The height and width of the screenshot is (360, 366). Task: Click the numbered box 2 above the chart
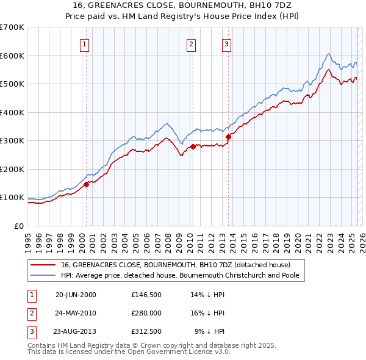(x=192, y=43)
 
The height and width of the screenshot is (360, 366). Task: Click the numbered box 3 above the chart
(x=226, y=43)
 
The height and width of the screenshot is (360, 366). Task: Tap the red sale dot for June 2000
(x=87, y=184)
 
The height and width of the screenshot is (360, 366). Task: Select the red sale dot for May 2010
(x=193, y=146)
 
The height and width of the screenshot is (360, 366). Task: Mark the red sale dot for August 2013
(x=228, y=137)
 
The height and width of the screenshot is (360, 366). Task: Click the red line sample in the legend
(x=44, y=265)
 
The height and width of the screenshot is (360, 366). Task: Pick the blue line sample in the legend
(x=44, y=275)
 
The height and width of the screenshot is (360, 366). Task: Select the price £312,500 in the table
(x=146, y=331)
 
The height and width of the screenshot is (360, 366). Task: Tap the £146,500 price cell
(x=146, y=294)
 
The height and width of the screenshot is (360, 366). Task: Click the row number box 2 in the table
(x=30, y=313)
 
